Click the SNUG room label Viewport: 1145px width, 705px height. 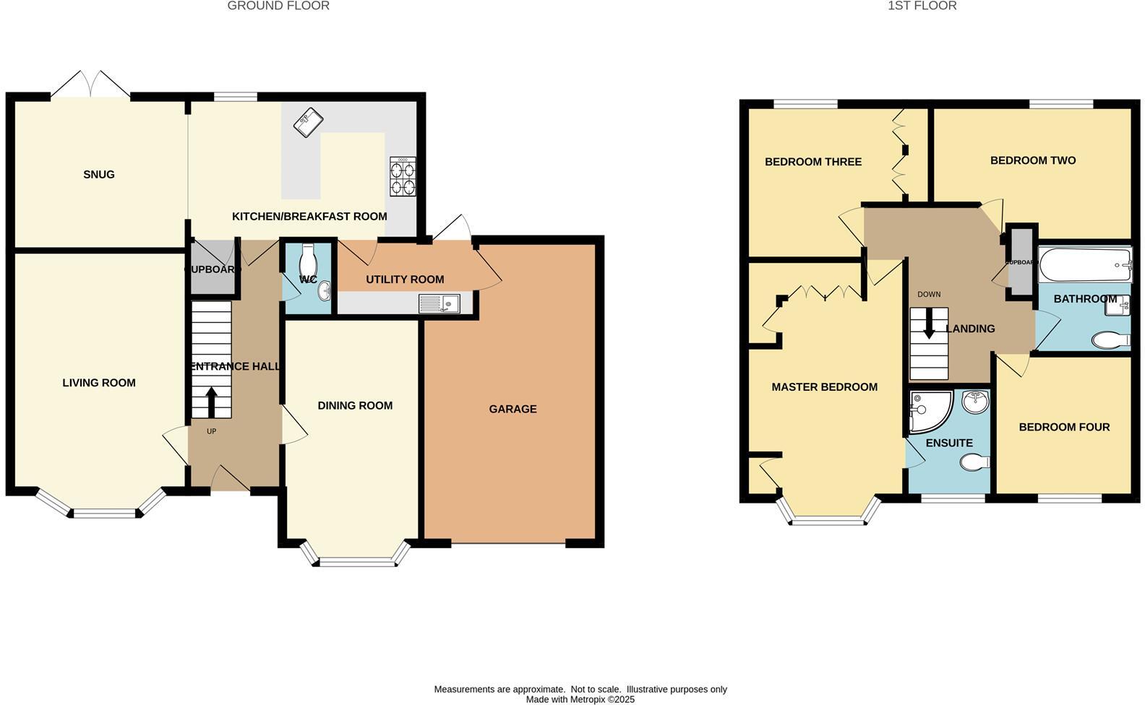(99, 175)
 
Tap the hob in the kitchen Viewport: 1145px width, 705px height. (403, 177)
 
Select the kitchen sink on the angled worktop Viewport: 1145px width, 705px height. (307, 121)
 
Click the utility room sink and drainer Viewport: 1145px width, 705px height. (439, 304)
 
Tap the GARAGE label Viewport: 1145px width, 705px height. (513, 410)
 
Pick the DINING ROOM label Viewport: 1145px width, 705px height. (355, 406)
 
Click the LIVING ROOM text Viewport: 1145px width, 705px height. (99, 383)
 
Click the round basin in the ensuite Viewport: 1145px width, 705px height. (975, 401)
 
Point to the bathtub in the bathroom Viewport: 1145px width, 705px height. (1084, 265)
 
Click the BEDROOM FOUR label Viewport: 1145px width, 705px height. (1064, 428)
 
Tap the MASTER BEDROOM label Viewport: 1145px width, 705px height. (824, 387)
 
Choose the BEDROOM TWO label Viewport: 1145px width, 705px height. (1033, 160)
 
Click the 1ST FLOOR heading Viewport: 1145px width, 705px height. (922, 6)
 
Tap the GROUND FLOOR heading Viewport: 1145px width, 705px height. (278, 6)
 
